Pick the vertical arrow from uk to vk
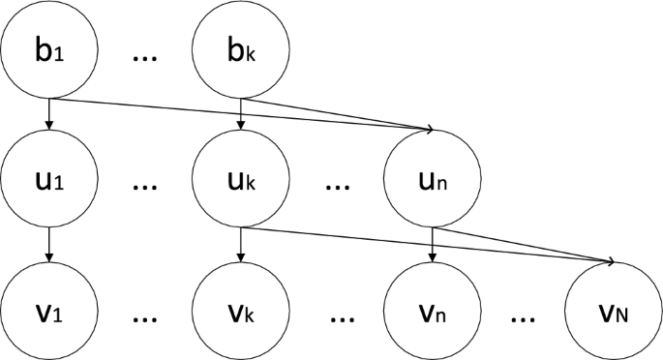tap(240, 248)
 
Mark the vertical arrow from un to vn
tap(432, 248)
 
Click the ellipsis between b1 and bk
tap(145, 59)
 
